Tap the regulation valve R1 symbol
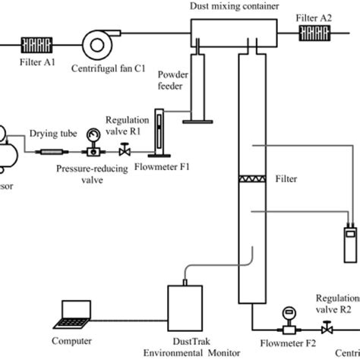(121, 152)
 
